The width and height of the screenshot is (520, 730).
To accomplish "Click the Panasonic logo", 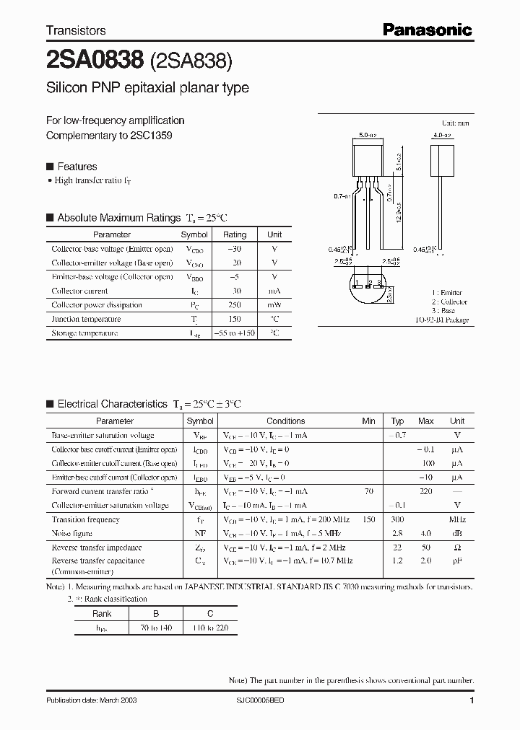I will point(427,30).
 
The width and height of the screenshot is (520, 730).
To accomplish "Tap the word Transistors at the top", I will point(76,31).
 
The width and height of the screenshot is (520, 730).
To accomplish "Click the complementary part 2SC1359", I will point(152,135).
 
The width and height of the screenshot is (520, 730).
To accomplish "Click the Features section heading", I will point(77,167).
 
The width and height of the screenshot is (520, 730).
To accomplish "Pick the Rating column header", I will point(234,234).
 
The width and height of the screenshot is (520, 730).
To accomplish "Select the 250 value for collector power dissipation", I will point(234,305).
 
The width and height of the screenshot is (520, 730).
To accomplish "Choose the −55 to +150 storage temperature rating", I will point(234,333).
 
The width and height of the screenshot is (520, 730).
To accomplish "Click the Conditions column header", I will point(285,421).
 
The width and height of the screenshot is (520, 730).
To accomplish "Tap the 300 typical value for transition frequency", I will point(397,519).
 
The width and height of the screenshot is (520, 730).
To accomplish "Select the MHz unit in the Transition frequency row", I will point(457,519).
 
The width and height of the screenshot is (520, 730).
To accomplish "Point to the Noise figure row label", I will point(72,533).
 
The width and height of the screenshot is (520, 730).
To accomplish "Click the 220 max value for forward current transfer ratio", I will point(425,491).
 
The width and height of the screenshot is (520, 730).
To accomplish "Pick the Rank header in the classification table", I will point(102,613).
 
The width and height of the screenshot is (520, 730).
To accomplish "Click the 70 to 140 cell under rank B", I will point(156,628).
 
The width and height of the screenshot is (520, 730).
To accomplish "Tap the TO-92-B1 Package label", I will point(441,320).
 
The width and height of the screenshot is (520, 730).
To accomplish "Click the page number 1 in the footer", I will point(472,700).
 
